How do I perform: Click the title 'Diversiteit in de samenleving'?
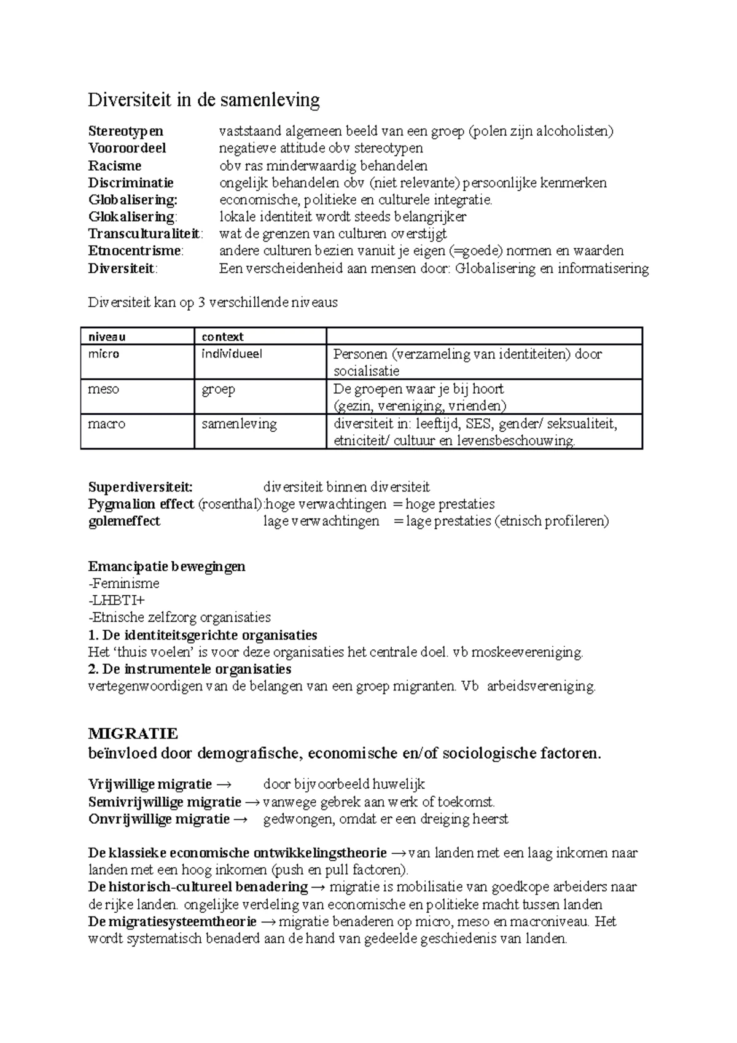pos(204,100)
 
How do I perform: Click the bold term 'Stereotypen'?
pos(126,131)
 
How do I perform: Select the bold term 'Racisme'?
pos(115,165)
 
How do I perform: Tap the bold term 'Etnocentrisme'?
pos(135,251)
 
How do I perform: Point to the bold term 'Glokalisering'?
pos(131,216)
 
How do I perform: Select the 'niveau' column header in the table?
pos(107,337)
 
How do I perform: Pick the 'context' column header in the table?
pos(222,337)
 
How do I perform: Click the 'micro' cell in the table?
pos(104,354)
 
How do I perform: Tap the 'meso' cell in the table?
pos(103,389)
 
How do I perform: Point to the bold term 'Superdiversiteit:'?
pos(141,487)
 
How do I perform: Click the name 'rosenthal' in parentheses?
pos(230,504)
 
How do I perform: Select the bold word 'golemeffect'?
pos(124,521)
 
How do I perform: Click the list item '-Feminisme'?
pos(124,583)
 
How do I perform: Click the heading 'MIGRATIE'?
pos(133,733)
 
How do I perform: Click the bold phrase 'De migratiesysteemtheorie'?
pos(173,921)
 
